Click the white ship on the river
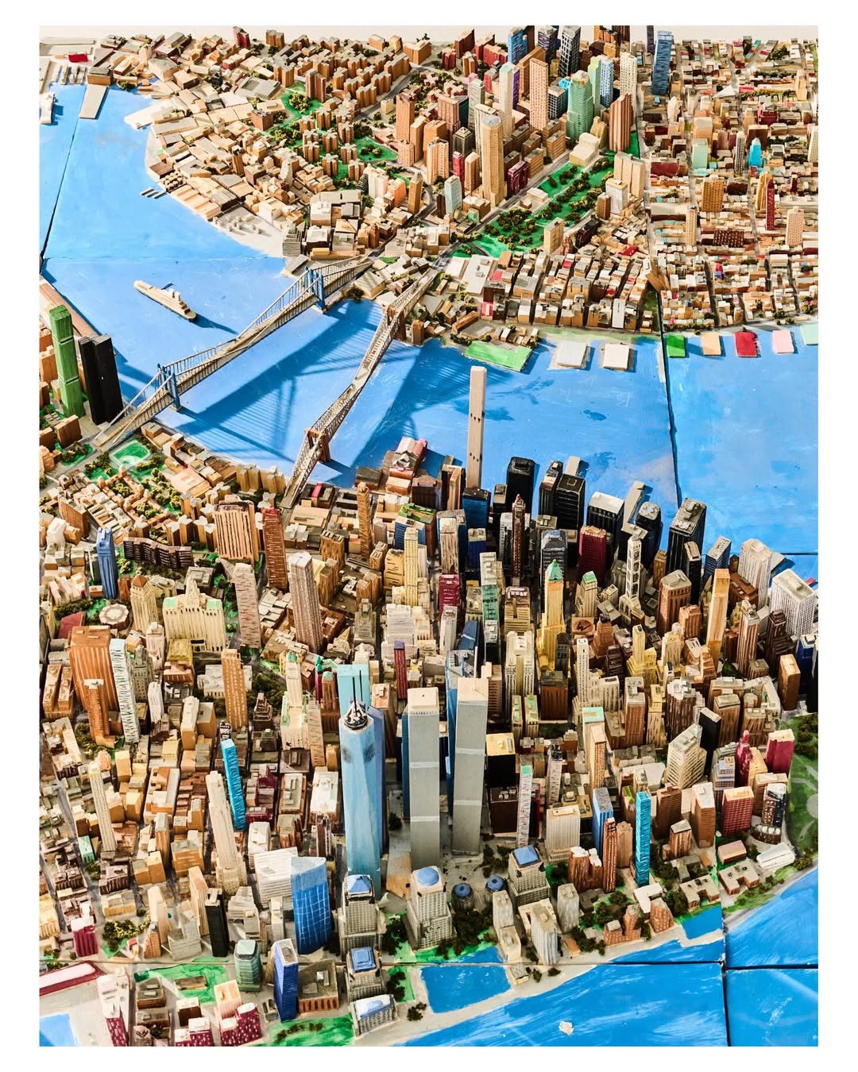tap(164, 299)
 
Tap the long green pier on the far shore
tap(498, 353)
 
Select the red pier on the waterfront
tap(745, 343)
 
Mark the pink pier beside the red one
tap(783, 341)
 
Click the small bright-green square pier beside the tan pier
tap(675, 345)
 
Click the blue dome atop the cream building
tap(427, 877)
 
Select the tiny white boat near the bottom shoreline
tap(566, 1027)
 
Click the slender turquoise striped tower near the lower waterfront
tap(642, 838)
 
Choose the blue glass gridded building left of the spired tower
tap(310, 905)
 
